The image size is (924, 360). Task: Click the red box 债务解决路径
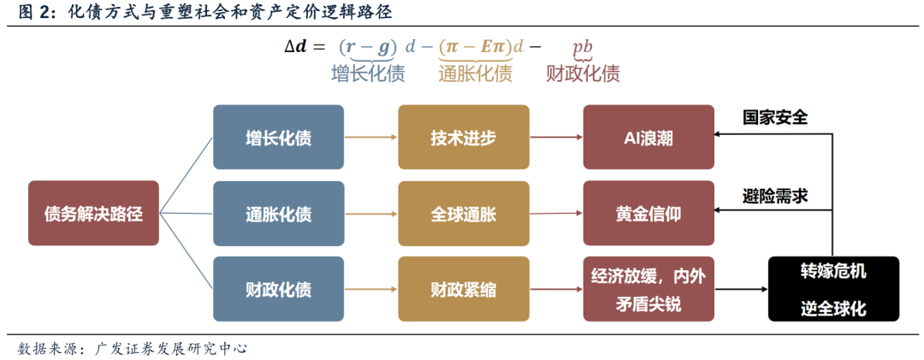(93, 213)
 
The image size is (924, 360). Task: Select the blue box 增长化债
(278, 137)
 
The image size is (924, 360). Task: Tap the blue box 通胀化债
(278, 213)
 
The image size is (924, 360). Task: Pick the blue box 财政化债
(278, 289)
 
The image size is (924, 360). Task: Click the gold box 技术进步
(463, 137)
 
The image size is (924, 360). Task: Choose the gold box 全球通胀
(463, 213)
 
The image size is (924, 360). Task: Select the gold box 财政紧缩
(463, 289)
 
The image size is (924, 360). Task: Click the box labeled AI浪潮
(649, 137)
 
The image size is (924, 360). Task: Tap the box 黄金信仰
(649, 213)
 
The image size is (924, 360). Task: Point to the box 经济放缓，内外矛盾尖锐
(649, 289)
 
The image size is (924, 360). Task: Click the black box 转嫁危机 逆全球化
(833, 289)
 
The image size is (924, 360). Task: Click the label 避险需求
(775, 195)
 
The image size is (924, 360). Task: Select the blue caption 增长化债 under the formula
(368, 74)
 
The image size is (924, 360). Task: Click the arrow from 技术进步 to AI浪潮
(555, 137)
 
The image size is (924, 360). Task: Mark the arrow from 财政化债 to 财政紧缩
(370, 289)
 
